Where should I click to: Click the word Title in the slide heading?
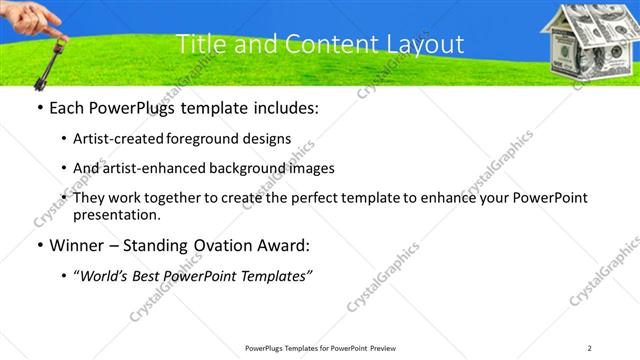coord(200,44)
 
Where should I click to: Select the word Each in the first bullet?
coord(66,108)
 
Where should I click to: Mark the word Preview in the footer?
coord(381,348)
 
